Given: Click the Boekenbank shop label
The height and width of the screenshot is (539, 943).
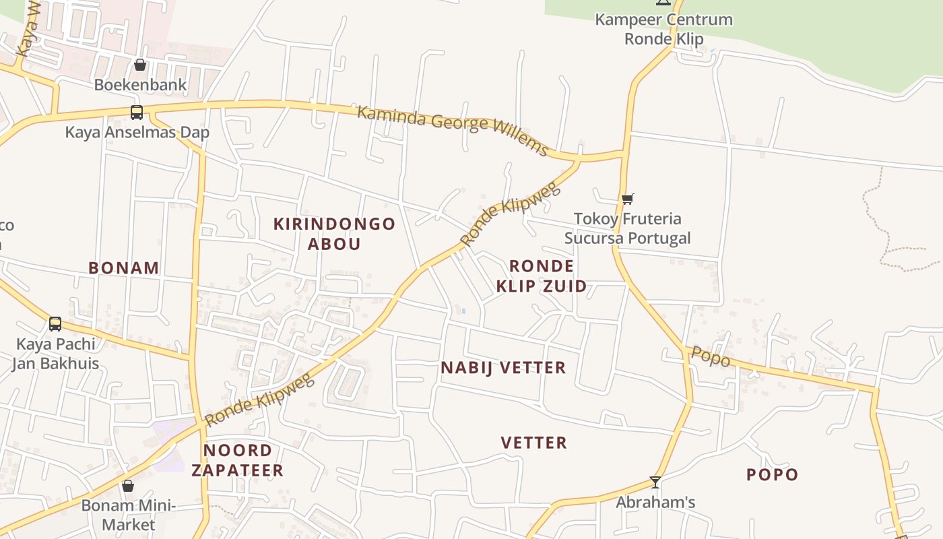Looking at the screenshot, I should (140, 85).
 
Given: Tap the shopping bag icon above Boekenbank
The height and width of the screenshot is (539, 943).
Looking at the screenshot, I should (140, 65).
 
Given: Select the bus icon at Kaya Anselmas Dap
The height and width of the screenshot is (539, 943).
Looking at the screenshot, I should (137, 113).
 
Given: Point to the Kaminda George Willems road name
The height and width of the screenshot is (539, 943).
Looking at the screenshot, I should (453, 130).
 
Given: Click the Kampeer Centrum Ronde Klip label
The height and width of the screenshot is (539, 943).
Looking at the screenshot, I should (663, 29).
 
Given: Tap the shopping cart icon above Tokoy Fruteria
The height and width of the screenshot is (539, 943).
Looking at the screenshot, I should (628, 199).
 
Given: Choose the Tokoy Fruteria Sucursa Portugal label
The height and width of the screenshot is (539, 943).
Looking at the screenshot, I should (628, 228).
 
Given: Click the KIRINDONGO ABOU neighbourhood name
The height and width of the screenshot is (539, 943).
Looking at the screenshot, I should (334, 234).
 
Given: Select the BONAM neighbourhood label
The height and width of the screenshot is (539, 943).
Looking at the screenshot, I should (124, 268).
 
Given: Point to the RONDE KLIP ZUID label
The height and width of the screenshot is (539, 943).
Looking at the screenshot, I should (542, 276).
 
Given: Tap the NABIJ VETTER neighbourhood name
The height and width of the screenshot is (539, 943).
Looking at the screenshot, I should (503, 368).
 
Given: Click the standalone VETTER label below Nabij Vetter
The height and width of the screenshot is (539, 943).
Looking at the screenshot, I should (534, 443).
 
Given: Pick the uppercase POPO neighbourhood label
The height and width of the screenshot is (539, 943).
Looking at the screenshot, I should (772, 474).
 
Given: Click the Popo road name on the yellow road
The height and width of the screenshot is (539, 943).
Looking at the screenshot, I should (711, 356).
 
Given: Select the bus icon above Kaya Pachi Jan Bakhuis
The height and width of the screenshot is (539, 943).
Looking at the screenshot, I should (55, 324).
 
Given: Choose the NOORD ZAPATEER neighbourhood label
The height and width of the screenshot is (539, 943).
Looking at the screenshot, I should (237, 460).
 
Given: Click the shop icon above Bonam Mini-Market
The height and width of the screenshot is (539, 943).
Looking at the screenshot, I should (128, 486).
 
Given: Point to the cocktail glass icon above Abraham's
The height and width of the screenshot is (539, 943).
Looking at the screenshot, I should (655, 482).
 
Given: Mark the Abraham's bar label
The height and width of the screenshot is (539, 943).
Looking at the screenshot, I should (655, 503).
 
